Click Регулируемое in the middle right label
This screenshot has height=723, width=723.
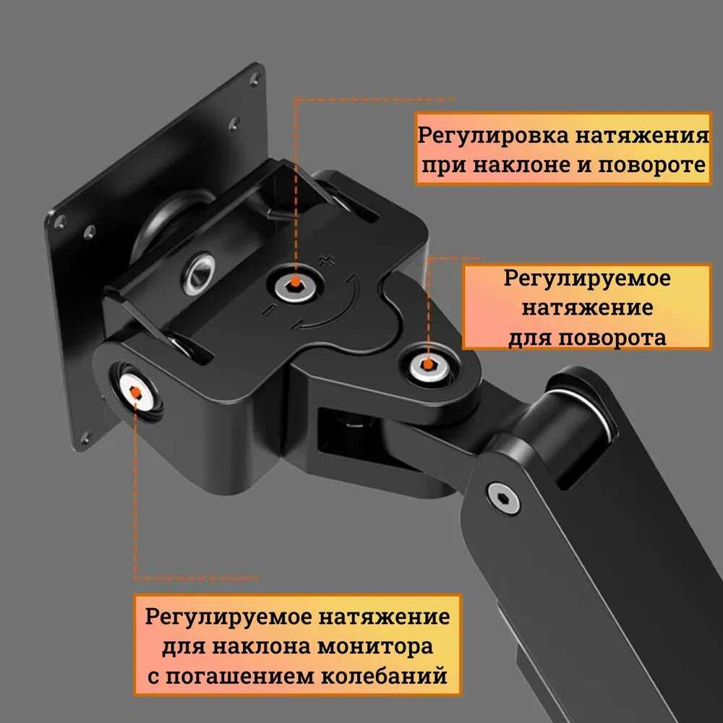(x=587, y=278)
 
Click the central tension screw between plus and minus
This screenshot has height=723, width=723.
(x=294, y=284)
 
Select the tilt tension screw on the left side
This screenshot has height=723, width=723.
(x=135, y=391)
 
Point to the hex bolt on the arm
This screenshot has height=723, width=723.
(x=503, y=499)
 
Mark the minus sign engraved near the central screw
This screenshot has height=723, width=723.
(x=268, y=309)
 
